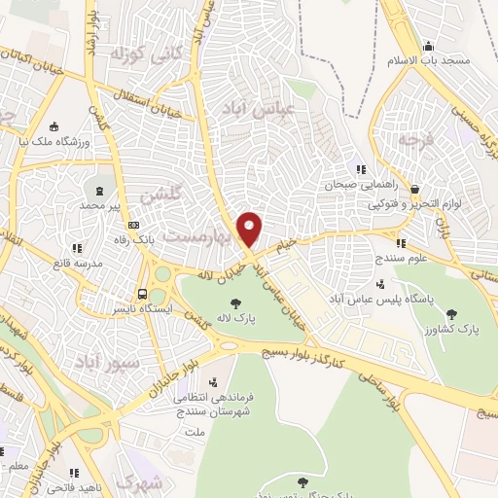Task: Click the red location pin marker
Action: point(250,228)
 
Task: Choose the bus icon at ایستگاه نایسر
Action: point(143,293)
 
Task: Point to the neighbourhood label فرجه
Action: point(411,139)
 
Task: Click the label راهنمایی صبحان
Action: point(356,183)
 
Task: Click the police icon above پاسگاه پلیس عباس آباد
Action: point(379,284)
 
